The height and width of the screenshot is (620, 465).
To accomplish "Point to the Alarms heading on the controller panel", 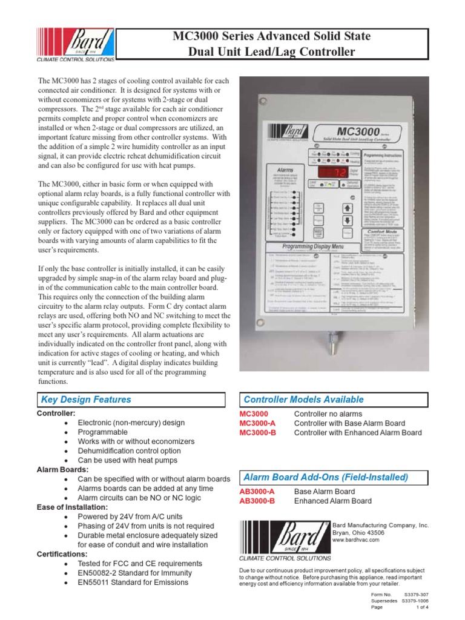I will tap(285, 171).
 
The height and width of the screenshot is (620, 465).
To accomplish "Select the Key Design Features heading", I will tap(85, 400).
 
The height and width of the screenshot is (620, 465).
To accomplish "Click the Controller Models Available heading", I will tap(303, 400).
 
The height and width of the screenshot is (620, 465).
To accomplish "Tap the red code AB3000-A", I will tap(258, 492).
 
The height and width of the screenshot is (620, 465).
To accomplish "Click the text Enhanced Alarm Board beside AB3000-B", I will tap(332, 501).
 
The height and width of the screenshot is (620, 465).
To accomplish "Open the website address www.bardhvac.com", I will tap(356, 539).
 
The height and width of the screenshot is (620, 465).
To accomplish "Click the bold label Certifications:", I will tap(61, 553).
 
